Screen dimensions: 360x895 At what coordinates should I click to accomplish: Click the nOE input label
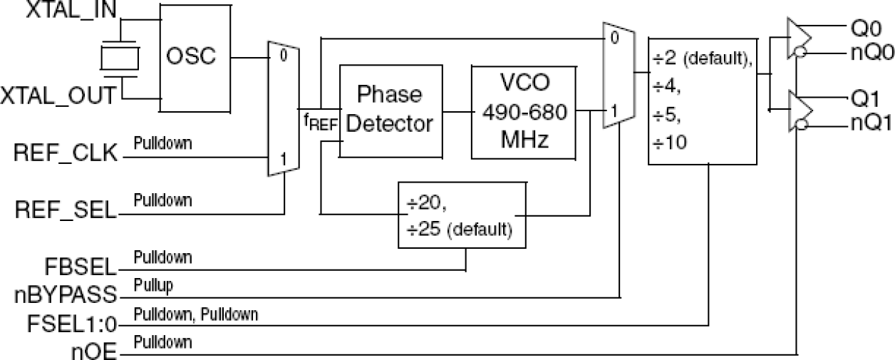[x=93, y=350]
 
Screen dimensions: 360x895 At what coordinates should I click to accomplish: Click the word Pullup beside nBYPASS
[x=154, y=284]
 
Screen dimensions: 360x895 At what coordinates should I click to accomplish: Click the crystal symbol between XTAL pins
[x=118, y=58]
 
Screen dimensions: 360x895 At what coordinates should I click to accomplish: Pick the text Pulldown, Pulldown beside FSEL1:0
[x=196, y=313]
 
